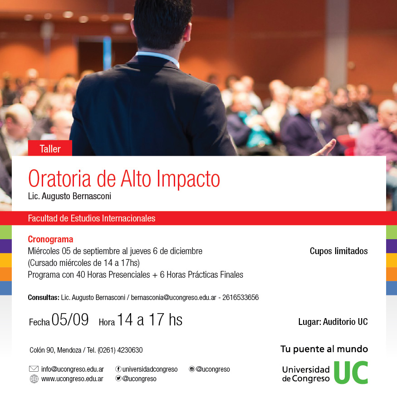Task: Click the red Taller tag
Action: pos(50,148)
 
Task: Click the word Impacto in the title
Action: pos(188,179)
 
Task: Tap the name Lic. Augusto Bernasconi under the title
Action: pos(69,196)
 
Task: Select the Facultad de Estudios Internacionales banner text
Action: pos(92,218)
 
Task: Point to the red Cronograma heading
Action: pos(50,239)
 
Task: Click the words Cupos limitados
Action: pos(338,251)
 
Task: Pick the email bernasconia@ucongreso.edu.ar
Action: pos(174,297)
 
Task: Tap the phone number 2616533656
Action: pos(240,297)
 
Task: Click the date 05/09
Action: pos(70,319)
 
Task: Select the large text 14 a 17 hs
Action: pos(150,319)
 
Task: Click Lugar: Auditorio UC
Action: pos(333,321)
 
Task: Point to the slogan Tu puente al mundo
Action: pos(324,349)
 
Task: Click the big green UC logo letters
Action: pos(351,373)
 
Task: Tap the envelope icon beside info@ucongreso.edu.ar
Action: pos(34,369)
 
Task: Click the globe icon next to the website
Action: pos(34,379)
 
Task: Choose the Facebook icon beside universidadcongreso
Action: pos(118,369)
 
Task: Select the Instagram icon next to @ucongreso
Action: pos(191,369)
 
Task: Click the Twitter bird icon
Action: pos(118,378)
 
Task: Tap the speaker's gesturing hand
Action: pos(325,148)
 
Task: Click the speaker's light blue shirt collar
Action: pos(157,58)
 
